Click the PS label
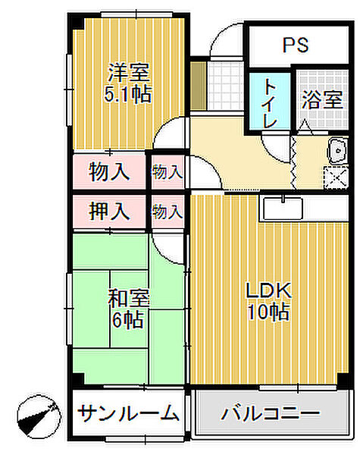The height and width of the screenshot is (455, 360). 296,45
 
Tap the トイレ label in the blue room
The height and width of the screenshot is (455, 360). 269,104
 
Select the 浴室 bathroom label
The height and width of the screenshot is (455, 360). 322,100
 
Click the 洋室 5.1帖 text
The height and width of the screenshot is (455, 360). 127,83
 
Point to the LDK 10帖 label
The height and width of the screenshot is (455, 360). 268,301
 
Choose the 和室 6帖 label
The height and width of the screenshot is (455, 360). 129,309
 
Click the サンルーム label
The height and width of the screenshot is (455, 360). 128,413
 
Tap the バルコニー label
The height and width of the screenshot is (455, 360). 271,413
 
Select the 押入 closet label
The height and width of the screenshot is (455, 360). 109,211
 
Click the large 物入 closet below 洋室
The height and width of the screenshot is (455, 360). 109,172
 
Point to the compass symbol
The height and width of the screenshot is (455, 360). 39,416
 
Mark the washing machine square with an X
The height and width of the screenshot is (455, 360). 337,177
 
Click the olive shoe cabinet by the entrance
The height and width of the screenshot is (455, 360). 199,86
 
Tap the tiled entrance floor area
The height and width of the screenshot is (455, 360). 226,86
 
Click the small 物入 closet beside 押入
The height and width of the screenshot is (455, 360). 167,212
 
